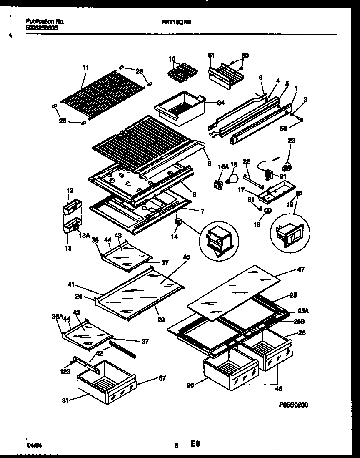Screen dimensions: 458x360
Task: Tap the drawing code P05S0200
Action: click(294, 404)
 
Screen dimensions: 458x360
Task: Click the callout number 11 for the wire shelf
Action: click(85, 67)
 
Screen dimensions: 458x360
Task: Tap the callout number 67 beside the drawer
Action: click(162, 378)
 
